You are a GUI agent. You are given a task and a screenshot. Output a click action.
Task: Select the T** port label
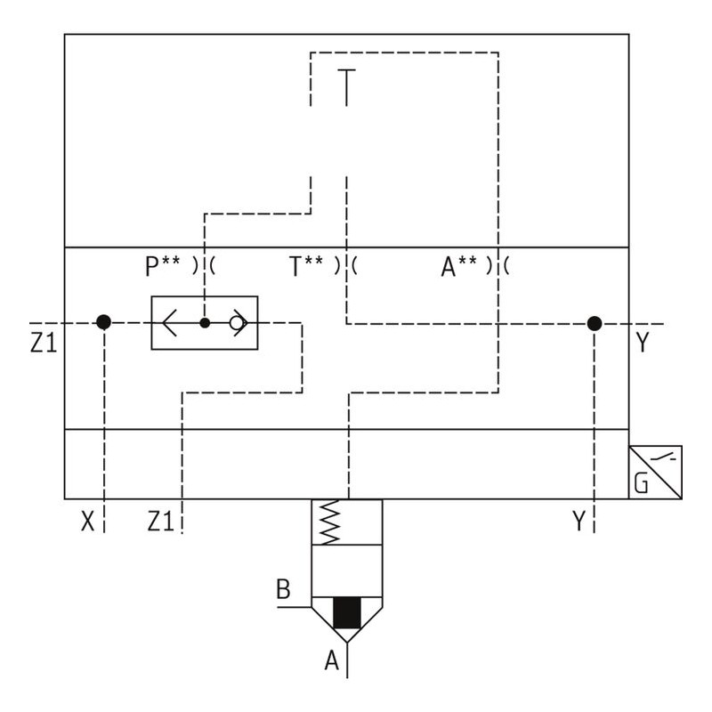click(x=306, y=265)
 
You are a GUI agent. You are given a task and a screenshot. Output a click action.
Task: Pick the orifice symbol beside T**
click(x=346, y=265)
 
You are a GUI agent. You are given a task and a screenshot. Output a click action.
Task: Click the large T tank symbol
click(x=346, y=86)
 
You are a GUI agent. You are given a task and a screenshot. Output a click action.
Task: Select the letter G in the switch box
click(x=642, y=484)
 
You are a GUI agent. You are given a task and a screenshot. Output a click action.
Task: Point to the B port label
click(x=283, y=589)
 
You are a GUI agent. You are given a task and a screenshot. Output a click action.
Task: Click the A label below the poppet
click(x=333, y=660)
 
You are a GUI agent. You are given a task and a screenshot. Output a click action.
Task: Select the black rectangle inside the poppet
click(x=346, y=613)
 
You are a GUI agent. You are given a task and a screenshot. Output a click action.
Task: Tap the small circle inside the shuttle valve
click(x=237, y=323)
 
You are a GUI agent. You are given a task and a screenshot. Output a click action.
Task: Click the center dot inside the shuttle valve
click(x=205, y=323)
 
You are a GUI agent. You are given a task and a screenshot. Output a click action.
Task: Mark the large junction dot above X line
click(x=103, y=322)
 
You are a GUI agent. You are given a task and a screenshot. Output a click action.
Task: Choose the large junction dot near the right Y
click(x=594, y=323)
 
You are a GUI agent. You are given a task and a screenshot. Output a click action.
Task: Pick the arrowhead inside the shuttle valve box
click(x=170, y=323)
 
